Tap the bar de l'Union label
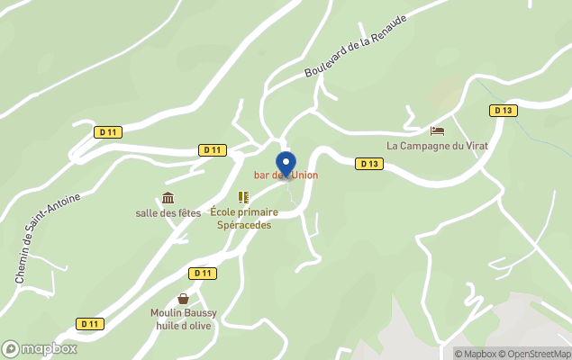(x=286, y=175)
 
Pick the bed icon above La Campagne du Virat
(x=438, y=130)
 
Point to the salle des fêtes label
(x=168, y=212)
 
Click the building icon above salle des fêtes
(x=168, y=198)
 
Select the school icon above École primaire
(x=243, y=196)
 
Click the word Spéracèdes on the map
(x=244, y=225)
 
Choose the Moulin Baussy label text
(x=183, y=313)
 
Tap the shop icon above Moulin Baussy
(x=184, y=299)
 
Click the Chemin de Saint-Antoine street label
(x=48, y=239)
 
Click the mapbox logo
(x=40, y=348)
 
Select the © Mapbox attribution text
(x=475, y=353)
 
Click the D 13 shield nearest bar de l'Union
(x=368, y=164)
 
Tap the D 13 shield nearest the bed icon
(x=503, y=110)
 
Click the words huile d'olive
(x=184, y=325)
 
